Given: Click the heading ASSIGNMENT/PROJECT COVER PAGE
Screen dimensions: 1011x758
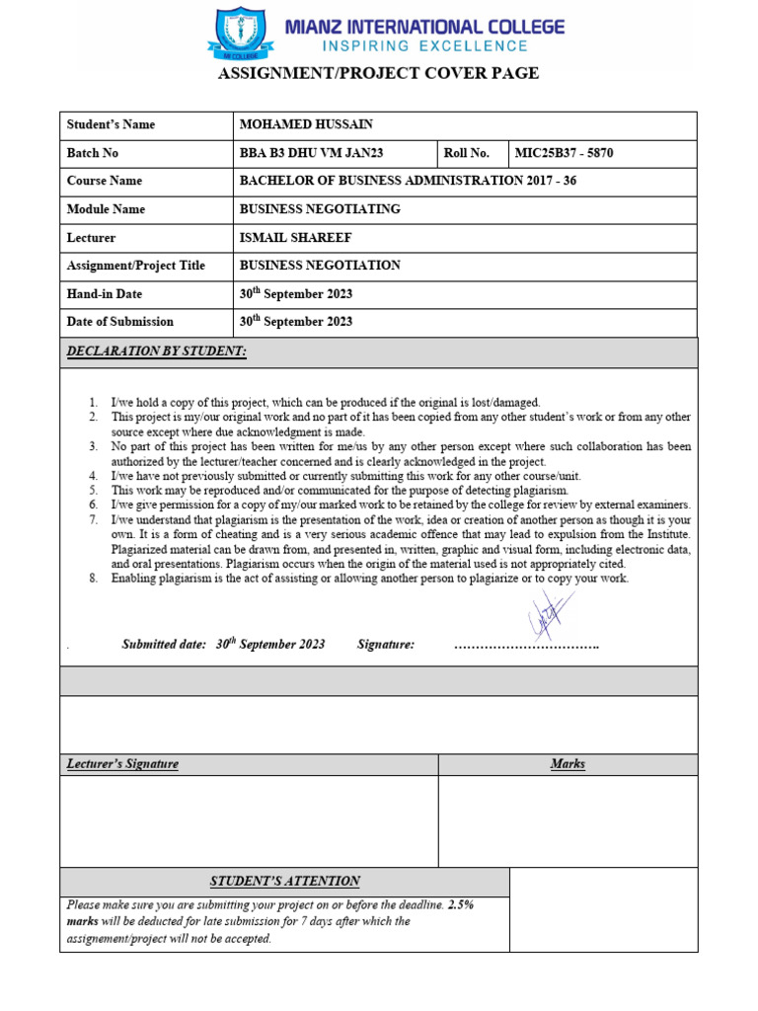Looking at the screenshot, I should (378, 74).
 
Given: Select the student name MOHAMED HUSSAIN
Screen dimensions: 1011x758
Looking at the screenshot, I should (306, 124).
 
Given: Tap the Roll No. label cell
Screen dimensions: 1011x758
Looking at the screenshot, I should (467, 153).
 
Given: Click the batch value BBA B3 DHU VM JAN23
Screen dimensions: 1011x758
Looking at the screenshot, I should (311, 153).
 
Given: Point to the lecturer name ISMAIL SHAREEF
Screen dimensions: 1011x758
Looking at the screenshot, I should (296, 238).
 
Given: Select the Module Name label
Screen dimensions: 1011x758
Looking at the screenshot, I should (106, 209).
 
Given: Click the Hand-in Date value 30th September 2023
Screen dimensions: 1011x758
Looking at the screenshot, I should (296, 293).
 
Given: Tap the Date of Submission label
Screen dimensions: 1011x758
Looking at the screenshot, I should (119, 322).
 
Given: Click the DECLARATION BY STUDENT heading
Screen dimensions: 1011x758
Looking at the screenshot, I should (156, 351).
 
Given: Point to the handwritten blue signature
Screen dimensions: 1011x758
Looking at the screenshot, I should (548, 614).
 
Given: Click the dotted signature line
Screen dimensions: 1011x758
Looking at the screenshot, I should (526, 646).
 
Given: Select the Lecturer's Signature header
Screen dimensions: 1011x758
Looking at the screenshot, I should (122, 764).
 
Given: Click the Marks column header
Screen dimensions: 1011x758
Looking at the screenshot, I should (568, 764).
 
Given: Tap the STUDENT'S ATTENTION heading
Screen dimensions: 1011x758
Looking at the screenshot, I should (284, 881).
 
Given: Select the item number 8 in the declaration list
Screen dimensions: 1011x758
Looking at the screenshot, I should (93, 579).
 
